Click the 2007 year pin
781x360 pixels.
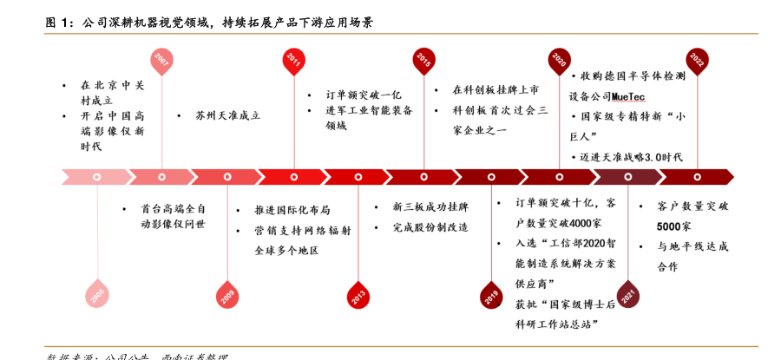coord(161,60)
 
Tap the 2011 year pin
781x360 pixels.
coord(293,60)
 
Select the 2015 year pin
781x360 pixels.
coord(423,60)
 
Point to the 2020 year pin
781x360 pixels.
coord(560,60)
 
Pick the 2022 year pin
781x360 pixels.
coord(696,60)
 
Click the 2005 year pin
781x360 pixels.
coord(97,295)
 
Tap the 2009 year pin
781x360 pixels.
coord(227,295)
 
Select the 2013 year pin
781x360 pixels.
coord(358,295)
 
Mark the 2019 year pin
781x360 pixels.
coord(492,295)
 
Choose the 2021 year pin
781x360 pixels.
coord(627,295)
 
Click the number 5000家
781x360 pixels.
coord(674,226)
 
